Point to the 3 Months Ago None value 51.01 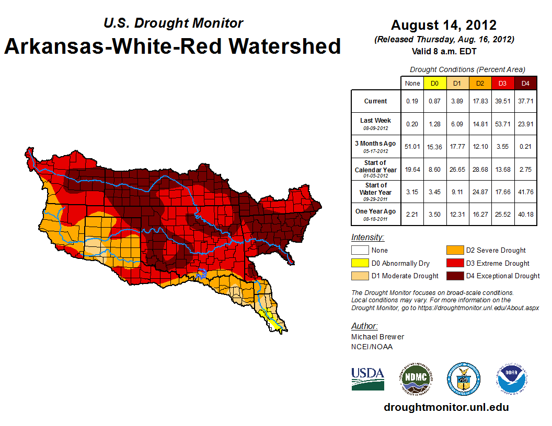pyautogui.click(x=412, y=147)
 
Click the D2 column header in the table pyautogui.click(x=479, y=83)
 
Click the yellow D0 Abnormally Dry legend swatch pyautogui.click(x=360, y=263)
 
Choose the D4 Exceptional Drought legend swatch pyautogui.click(x=454, y=276)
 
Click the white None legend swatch pyautogui.click(x=360, y=251)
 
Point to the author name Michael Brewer pyautogui.click(x=377, y=337)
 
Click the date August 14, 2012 pyautogui.click(x=444, y=25)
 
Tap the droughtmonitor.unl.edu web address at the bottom pyautogui.click(x=446, y=407)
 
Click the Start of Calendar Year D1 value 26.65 pyautogui.click(x=457, y=169)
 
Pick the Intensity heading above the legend pyautogui.click(x=367, y=238)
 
